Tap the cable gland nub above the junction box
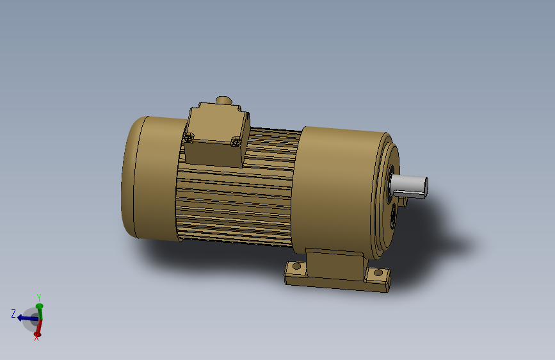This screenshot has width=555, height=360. click(223, 101)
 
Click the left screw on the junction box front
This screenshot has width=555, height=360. click(188, 136)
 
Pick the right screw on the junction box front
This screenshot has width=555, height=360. click(236, 141)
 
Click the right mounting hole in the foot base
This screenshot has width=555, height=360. click(378, 274)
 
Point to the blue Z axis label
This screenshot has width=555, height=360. click(13, 313)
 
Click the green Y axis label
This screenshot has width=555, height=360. click(39, 297)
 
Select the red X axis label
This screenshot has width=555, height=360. click(36, 338)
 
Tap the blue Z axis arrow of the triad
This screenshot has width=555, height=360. click(26, 317)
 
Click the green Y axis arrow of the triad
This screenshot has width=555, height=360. click(39, 310)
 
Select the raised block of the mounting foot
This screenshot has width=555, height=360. click(334, 264)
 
